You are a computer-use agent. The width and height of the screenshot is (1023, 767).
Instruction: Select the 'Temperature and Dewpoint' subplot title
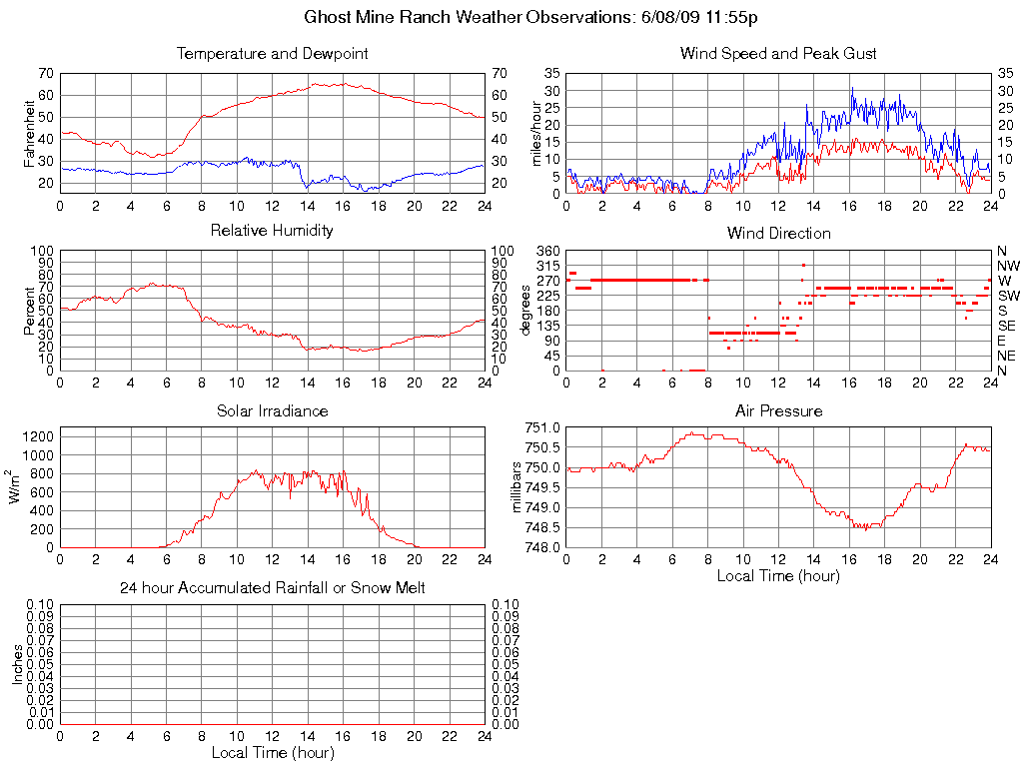pos(272,53)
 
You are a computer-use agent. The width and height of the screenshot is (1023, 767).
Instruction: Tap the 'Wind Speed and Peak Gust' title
pos(778,53)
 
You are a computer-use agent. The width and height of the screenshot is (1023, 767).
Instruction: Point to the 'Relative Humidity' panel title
pos(272,231)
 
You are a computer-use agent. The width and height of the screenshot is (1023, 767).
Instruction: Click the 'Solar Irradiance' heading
pos(272,410)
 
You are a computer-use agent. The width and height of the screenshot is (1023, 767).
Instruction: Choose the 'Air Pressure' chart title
pos(778,410)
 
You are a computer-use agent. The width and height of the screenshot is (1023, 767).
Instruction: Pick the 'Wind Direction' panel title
pos(778,233)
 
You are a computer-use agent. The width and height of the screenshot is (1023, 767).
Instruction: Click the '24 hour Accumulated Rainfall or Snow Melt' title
pos(272,588)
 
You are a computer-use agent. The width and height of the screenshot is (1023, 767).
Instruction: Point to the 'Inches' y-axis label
pos(17,664)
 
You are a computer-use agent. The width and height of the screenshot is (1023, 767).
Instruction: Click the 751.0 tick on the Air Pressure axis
pos(542,427)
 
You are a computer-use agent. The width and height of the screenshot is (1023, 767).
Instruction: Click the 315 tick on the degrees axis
pos(547,266)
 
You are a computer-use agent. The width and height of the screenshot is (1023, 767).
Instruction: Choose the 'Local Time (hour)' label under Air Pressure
pos(778,575)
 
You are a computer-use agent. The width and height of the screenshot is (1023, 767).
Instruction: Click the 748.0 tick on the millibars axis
pos(542,547)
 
